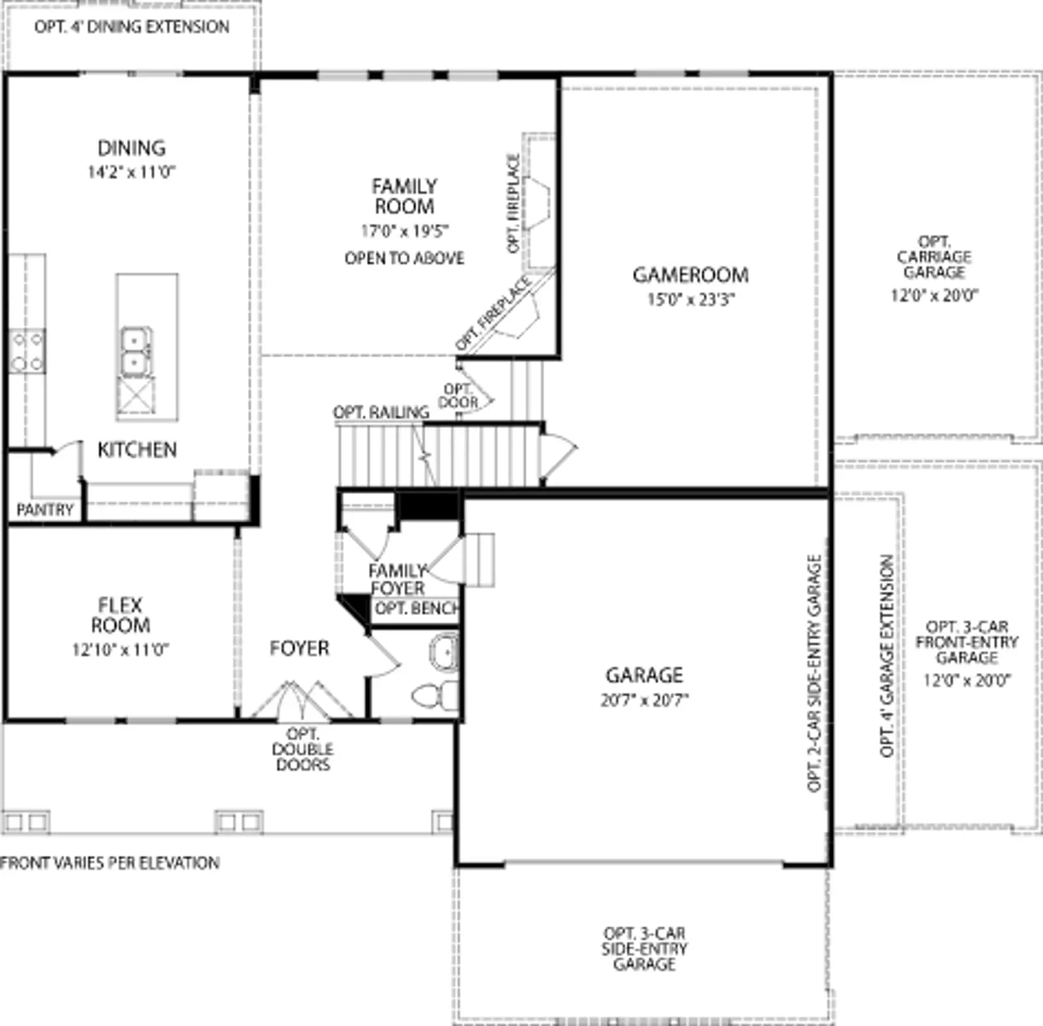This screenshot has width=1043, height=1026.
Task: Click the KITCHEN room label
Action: click(x=137, y=449)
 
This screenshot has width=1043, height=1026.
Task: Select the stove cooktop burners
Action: click(x=27, y=351)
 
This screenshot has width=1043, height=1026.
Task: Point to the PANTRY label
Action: click(x=44, y=509)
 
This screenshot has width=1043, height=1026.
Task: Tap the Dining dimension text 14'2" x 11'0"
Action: click(x=132, y=172)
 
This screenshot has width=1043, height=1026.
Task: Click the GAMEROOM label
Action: click(x=690, y=275)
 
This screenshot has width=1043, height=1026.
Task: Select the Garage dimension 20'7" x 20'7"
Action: click(x=645, y=700)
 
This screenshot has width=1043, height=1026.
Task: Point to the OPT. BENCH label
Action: click(x=417, y=609)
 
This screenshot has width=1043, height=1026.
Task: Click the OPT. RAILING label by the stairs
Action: click(x=381, y=412)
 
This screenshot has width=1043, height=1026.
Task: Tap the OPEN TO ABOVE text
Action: click(x=405, y=258)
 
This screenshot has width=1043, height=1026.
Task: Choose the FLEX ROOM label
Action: click(x=121, y=615)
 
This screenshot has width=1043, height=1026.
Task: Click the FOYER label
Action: click(x=299, y=648)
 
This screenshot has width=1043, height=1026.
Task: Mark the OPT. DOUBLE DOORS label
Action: click(x=302, y=749)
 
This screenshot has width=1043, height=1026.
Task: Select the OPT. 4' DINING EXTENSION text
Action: click(x=132, y=27)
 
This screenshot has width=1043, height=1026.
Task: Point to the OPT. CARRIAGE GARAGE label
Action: click(x=934, y=257)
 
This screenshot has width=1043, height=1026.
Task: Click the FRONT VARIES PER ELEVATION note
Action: click(x=110, y=863)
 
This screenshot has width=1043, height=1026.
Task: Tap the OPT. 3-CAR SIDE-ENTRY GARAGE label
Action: click(x=644, y=948)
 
